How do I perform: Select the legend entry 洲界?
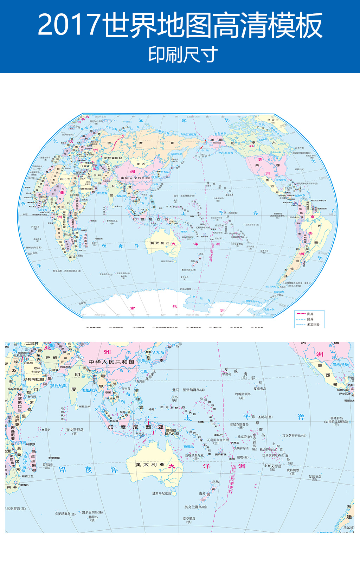click(x=310, y=314)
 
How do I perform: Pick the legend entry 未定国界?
click(x=313, y=325)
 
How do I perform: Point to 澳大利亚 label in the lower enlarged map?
click(x=150, y=465)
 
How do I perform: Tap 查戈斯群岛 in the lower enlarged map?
click(x=75, y=430)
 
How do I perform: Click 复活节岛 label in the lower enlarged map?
click(x=315, y=477)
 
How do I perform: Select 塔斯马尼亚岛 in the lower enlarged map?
click(x=161, y=494)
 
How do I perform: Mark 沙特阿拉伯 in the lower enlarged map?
click(x=34, y=379)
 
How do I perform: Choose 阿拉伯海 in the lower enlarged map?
click(x=58, y=386)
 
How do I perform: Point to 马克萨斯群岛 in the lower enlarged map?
click(x=294, y=436)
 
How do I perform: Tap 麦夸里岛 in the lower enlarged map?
click(x=189, y=518)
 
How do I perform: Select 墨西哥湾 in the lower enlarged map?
click(x=341, y=365)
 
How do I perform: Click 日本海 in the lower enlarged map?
click(x=158, y=352)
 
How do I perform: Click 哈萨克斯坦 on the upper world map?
click(x=113, y=158)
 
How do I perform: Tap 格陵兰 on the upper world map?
click(x=273, y=120)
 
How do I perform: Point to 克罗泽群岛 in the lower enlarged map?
click(x=65, y=514)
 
